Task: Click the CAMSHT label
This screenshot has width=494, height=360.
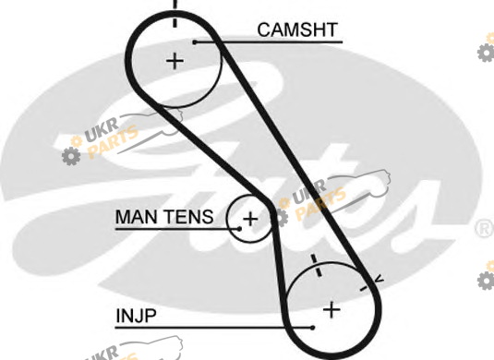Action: click(x=297, y=30)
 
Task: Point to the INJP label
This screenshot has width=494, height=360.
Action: click(x=136, y=316)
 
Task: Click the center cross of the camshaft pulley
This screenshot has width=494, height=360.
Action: click(x=175, y=61)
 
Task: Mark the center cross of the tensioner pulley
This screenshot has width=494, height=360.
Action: click(x=250, y=219)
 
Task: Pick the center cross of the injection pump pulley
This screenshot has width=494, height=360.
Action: click(x=331, y=309)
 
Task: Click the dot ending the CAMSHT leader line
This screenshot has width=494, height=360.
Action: click(x=195, y=42)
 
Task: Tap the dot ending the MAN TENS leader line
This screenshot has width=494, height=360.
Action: click(x=239, y=229)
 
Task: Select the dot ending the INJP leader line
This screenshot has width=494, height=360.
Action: click(x=312, y=328)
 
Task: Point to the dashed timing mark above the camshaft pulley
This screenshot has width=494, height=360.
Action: click(x=175, y=14)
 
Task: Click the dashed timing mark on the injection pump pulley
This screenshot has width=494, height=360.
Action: click(x=317, y=266)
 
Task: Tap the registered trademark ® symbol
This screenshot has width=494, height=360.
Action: click(x=484, y=228)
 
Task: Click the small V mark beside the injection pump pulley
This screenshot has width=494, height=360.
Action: click(x=380, y=279)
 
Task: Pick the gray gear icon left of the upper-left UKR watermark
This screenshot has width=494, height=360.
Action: click(x=71, y=156)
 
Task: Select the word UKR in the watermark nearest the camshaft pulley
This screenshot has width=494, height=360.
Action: click(x=102, y=130)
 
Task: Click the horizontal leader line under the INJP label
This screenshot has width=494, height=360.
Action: click(x=213, y=328)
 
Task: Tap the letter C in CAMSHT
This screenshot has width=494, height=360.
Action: click(x=264, y=30)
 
